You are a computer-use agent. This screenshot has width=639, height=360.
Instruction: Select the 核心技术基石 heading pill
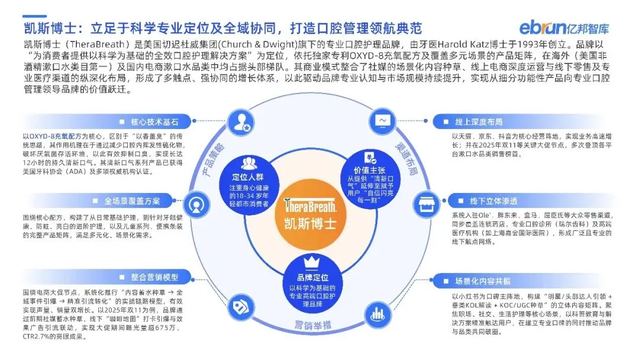pyautogui.click(x=148, y=122)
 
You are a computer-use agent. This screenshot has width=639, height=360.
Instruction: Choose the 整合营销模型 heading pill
pyautogui.click(x=148, y=277)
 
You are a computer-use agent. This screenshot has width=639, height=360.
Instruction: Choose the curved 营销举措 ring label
pyautogui.click(x=311, y=324)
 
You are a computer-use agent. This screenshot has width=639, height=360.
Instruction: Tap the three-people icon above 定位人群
pyautogui.click(x=248, y=162)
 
